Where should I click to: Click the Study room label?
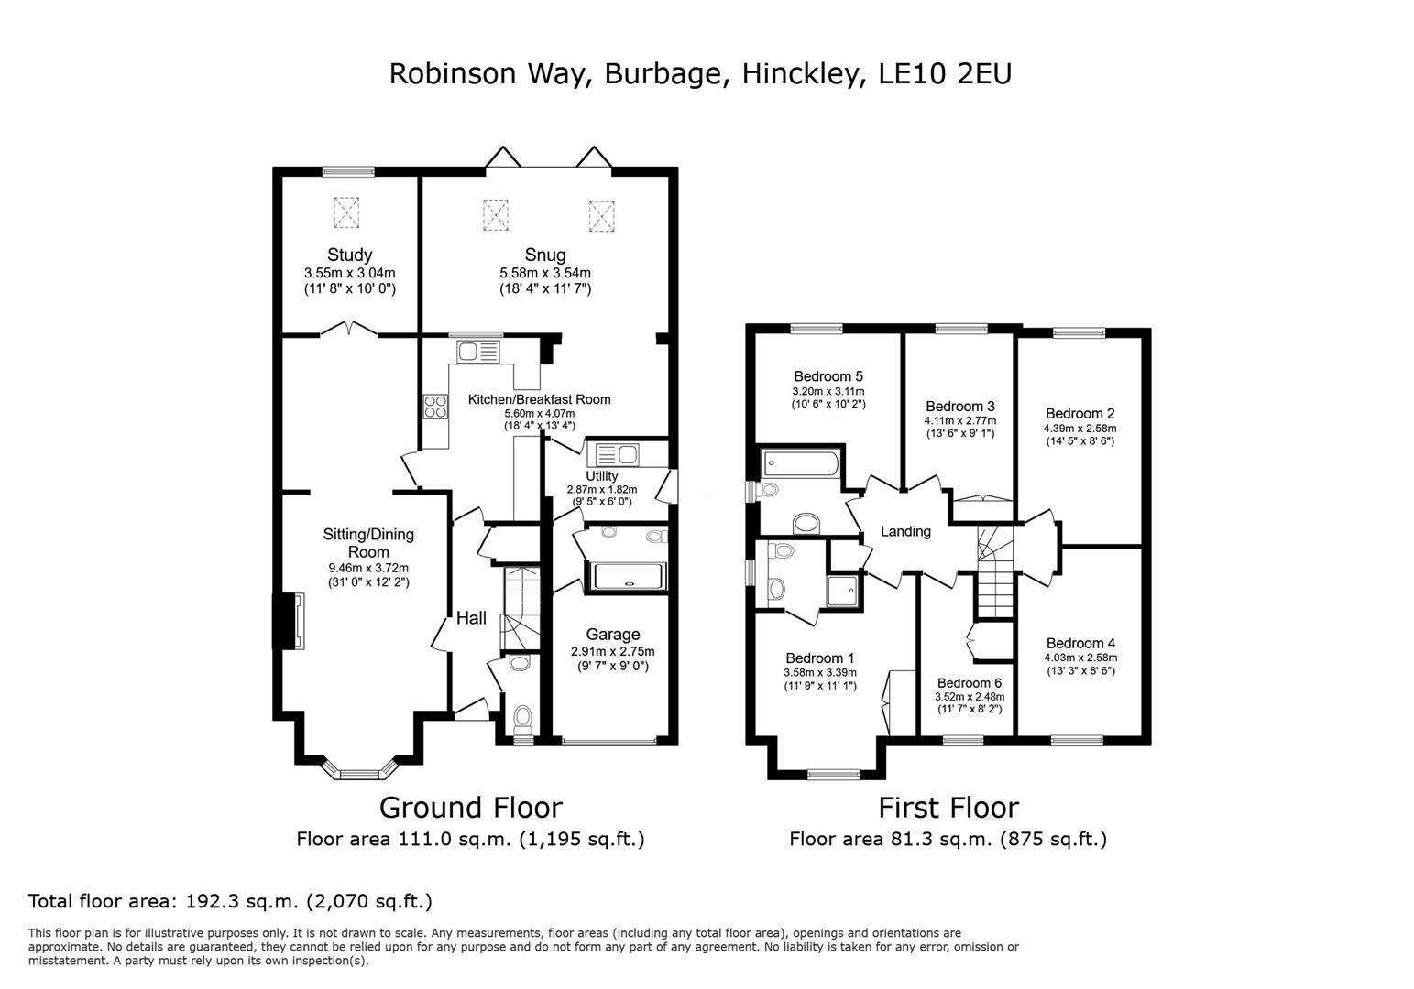coord(349,255)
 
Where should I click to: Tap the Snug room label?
coord(545,255)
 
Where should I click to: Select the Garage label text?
coord(613,634)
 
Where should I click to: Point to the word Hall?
coord(471,618)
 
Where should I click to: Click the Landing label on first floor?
coord(905,531)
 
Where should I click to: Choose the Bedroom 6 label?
coord(969,682)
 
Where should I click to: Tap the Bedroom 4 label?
coord(1080,643)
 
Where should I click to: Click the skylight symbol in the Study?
coord(347,214)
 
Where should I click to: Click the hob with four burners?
coord(434,407)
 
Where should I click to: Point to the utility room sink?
coord(617,455)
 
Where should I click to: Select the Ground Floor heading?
coord(470,807)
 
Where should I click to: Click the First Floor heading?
coord(948,807)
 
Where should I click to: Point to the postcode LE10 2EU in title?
coord(944,73)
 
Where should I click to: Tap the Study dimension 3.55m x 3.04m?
coord(349,273)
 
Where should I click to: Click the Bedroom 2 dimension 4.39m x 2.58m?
coord(1080,428)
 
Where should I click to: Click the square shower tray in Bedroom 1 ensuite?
coord(844,591)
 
